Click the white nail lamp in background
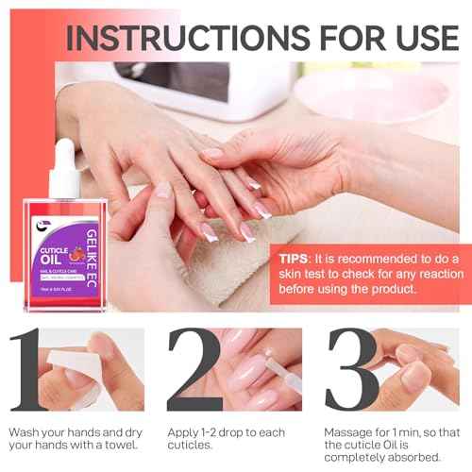coord(189,90)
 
